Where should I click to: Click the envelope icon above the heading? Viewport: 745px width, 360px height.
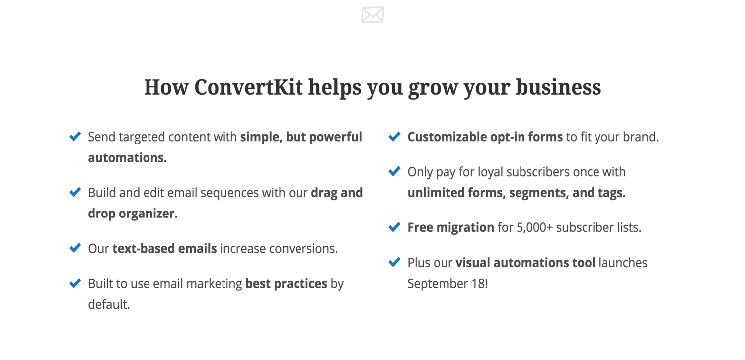(372, 14)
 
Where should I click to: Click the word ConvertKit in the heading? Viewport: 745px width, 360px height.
(248, 87)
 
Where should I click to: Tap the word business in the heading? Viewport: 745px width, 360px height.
(558, 87)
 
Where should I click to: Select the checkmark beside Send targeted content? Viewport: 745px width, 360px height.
(75, 136)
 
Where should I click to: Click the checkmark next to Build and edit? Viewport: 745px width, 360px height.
(75, 192)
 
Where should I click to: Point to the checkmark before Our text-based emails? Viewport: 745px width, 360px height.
(75, 248)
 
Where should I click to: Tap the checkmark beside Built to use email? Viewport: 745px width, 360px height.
(75, 283)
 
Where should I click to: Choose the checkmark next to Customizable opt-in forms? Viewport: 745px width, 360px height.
(394, 136)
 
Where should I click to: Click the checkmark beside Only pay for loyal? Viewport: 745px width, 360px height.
(394, 171)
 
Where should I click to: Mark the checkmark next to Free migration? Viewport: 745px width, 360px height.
(394, 227)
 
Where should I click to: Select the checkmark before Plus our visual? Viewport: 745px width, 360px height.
(394, 262)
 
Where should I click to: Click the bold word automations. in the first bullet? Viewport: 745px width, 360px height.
(127, 158)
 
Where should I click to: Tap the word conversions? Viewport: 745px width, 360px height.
(303, 249)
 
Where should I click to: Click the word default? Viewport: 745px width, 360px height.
(109, 304)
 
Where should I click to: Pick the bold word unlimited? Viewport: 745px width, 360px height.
(436, 193)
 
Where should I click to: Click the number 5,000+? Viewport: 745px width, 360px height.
(534, 228)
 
